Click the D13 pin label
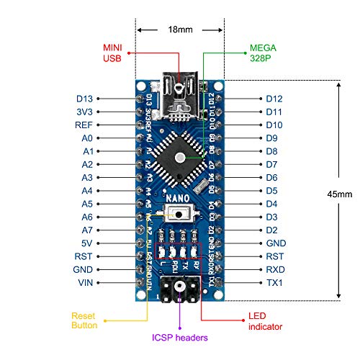(85, 98)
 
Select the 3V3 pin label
(85, 112)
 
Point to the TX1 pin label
(274, 283)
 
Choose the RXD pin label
(275, 270)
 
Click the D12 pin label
(274, 98)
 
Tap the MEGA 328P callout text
(262, 55)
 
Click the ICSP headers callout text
(180, 337)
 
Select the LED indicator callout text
(266, 320)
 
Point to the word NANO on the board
(179, 197)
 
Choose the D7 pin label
(272, 164)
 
